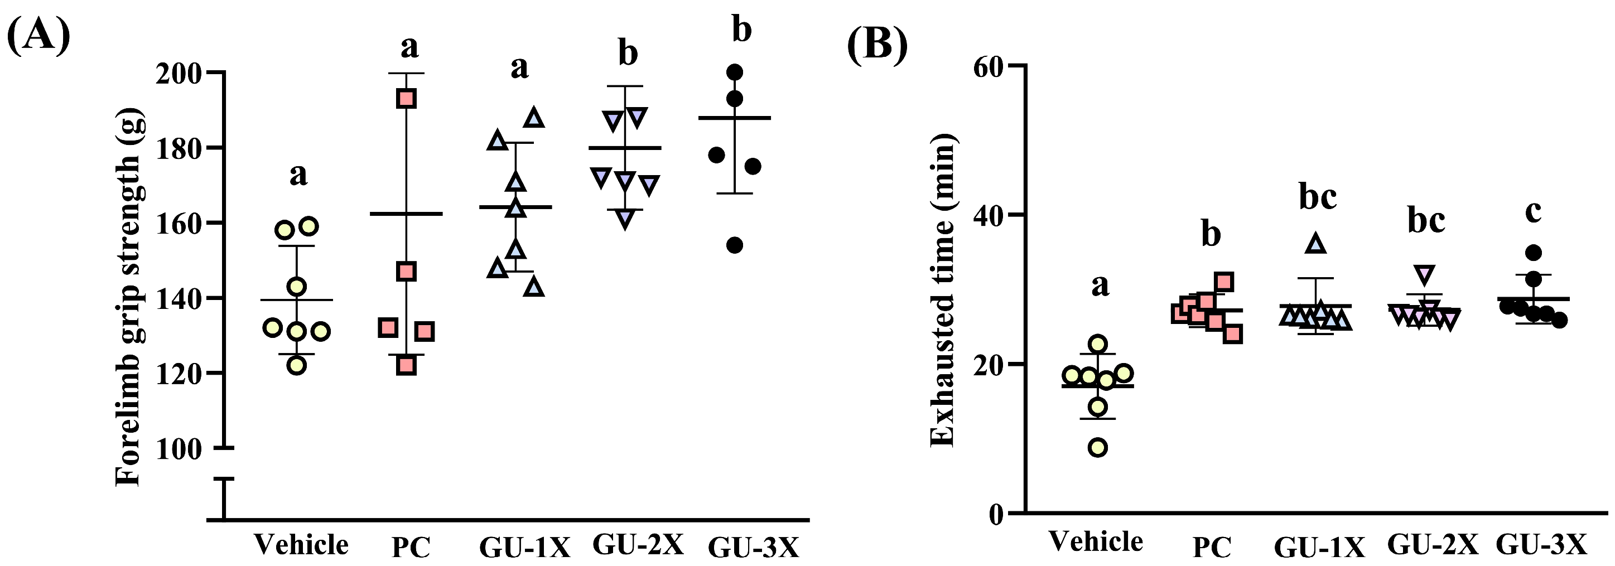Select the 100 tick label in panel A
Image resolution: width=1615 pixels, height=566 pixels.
click(179, 449)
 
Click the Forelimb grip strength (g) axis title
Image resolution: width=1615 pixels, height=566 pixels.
click(130, 297)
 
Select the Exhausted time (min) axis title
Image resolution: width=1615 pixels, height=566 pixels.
click(942, 289)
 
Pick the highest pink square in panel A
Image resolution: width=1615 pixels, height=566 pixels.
click(406, 98)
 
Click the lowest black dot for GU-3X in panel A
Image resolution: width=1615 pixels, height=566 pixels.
click(734, 245)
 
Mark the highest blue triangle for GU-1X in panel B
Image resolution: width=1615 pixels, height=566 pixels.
click(1316, 243)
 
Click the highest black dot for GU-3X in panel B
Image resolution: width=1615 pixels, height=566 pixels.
click(1534, 253)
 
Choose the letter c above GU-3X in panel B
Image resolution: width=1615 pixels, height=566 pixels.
click(1533, 212)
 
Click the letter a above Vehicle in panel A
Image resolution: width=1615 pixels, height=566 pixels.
click(298, 175)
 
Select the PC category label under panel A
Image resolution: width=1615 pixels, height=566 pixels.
click(411, 547)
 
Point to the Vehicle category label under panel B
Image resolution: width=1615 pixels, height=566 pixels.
click(1096, 541)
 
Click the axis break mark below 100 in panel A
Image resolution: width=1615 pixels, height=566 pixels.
click(224, 479)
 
